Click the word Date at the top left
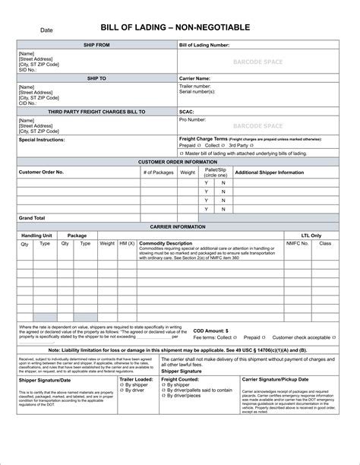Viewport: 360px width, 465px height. click(46, 30)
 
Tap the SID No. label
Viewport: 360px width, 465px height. click(29, 70)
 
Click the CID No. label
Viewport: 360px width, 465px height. click(29, 103)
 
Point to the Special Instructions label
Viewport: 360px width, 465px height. click(42, 140)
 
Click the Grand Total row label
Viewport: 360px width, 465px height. click(32, 218)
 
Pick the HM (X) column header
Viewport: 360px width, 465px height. click(127, 244)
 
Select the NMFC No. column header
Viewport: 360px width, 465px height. click(297, 244)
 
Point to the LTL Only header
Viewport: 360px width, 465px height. click(311, 236)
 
